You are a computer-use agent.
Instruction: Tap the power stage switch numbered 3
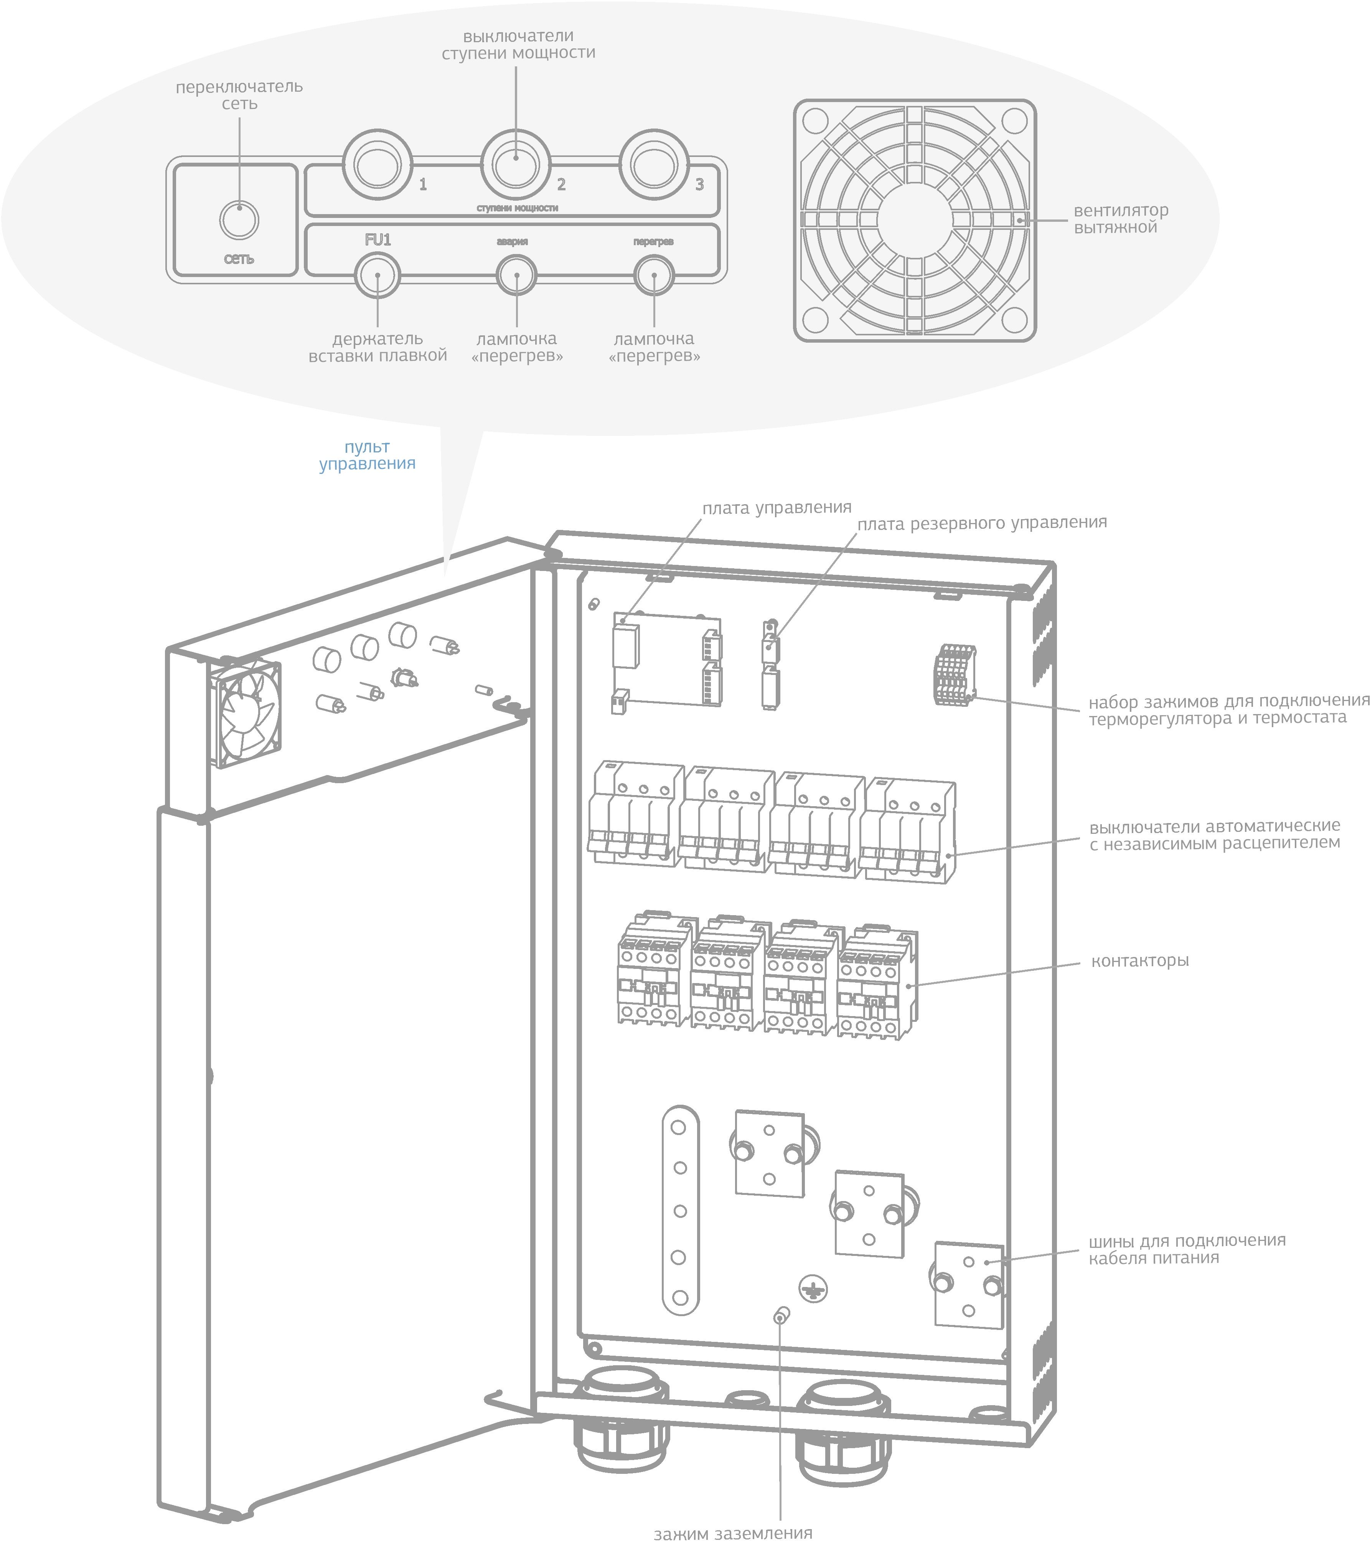pos(653,164)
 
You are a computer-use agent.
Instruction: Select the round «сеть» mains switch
pos(239,220)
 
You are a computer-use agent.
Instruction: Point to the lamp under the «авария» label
pos(517,276)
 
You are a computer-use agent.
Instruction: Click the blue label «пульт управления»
pos(367,455)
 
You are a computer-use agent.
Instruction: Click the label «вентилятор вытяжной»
pos(1121,219)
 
